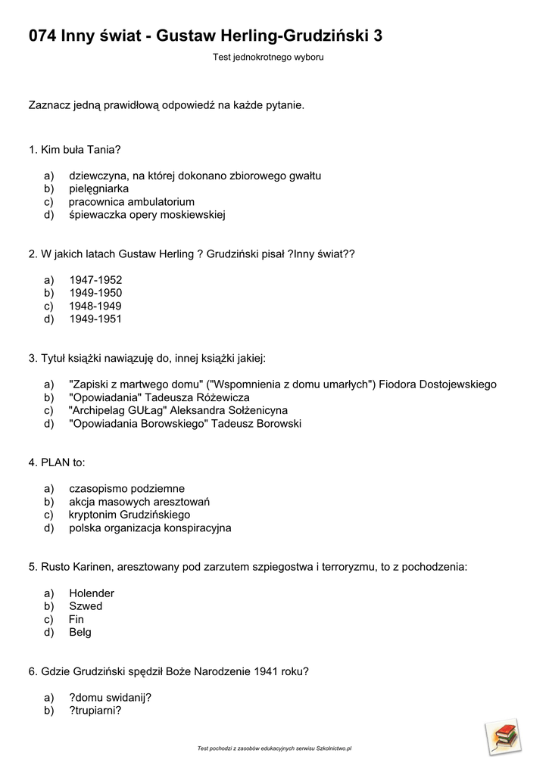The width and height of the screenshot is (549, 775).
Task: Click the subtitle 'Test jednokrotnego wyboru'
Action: tap(268, 58)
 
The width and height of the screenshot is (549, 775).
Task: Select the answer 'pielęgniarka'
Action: tap(98, 188)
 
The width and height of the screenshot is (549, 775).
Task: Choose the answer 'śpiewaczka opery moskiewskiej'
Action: tap(147, 215)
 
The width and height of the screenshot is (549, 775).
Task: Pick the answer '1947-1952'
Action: tap(95, 280)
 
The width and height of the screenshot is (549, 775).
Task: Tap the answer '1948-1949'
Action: tap(95, 306)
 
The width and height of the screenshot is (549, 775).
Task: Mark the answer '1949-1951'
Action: tap(95, 319)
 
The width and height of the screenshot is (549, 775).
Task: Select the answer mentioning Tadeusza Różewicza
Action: tap(159, 397)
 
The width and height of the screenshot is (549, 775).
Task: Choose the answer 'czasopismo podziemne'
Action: tap(126, 489)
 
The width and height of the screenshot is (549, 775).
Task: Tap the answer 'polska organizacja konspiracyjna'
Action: tap(150, 528)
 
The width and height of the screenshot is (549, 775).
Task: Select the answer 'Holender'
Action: tap(92, 593)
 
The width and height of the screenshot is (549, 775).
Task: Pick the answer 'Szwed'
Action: tap(86, 606)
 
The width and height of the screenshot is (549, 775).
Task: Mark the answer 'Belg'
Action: tap(80, 633)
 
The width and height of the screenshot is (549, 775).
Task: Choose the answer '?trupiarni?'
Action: tap(95, 711)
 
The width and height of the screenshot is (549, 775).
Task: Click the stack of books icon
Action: tap(503, 736)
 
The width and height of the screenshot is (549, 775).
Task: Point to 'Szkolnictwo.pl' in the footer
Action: tap(334, 749)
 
